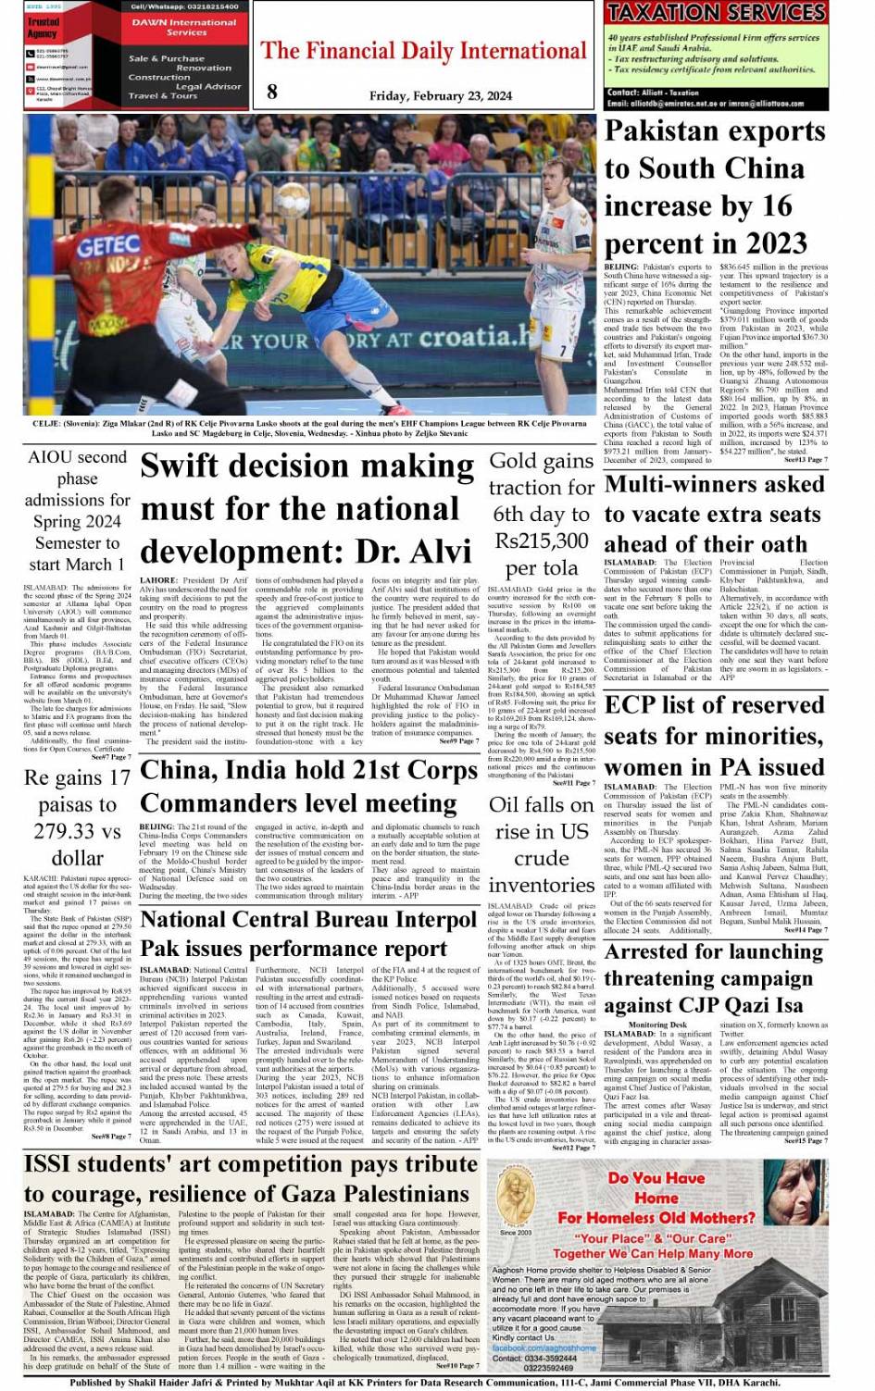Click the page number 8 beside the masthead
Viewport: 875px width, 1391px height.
point(271,91)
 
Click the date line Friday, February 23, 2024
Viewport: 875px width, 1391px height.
point(440,95)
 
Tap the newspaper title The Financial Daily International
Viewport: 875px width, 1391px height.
point(424,51)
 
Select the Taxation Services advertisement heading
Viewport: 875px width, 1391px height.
point(715,12)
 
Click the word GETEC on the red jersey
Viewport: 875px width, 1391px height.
point(108,247)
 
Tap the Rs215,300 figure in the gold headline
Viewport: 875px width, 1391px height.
point(542,540)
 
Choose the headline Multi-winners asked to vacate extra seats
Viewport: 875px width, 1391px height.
point(714,514)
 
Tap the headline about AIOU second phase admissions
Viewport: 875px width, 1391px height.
point(77,510)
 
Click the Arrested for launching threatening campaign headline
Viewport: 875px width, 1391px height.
point(708,978)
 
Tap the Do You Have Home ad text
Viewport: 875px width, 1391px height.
point(656,1187)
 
